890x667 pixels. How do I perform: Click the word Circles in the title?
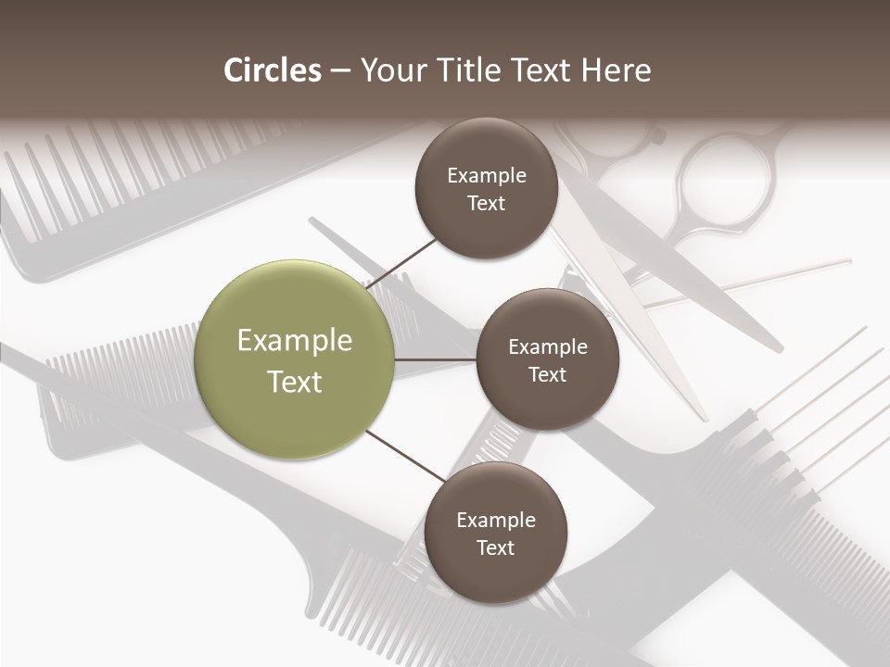pyautogui.click(x=272, y=70)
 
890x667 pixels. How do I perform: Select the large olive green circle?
pyautogui.click(x=295, y=359)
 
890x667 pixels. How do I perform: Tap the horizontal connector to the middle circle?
pyautogui.click(x=436, y=359)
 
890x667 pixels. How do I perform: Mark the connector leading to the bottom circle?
pyautogui.click(x=406, y=456)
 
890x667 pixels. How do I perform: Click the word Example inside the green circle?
pyautogui.click(x=295, y=341)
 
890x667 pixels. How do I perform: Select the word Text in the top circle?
pyautogui.click(x=486, y=204)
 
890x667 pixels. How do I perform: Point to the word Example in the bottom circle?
pyautogui.click(x=495, y=521)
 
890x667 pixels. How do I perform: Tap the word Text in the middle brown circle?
pyautogui.click(x=547, y=375)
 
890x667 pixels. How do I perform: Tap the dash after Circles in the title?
pyautogui.click(x=339, y=71)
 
